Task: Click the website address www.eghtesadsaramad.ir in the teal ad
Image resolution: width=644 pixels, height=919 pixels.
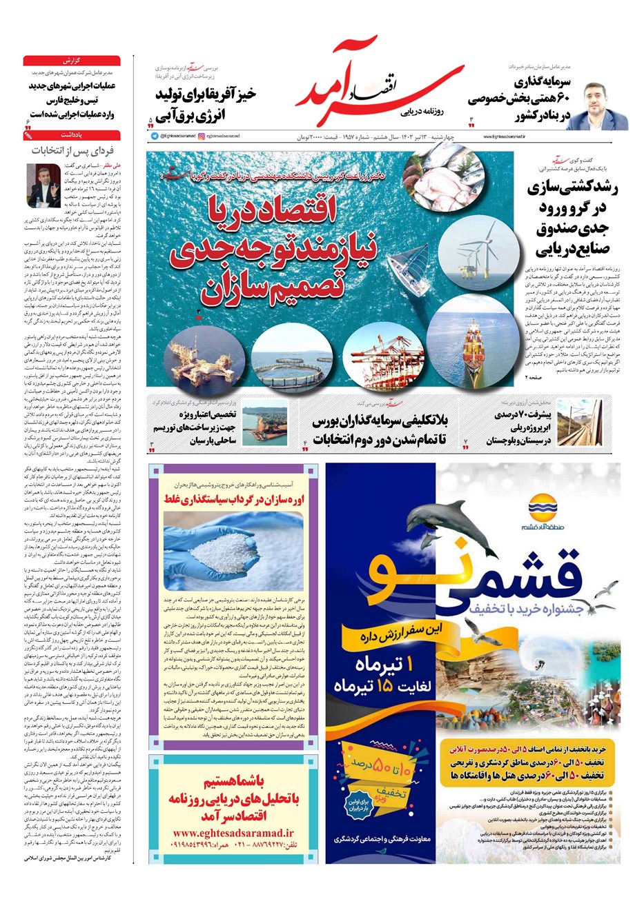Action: (233, 833)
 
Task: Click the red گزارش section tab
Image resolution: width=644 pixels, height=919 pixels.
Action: (72, 61)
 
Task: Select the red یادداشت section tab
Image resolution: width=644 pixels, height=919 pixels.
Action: (72, 136)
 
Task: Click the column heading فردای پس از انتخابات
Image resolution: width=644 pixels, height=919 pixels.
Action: (72, 150)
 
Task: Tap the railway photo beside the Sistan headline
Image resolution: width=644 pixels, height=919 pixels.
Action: (578, 423)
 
